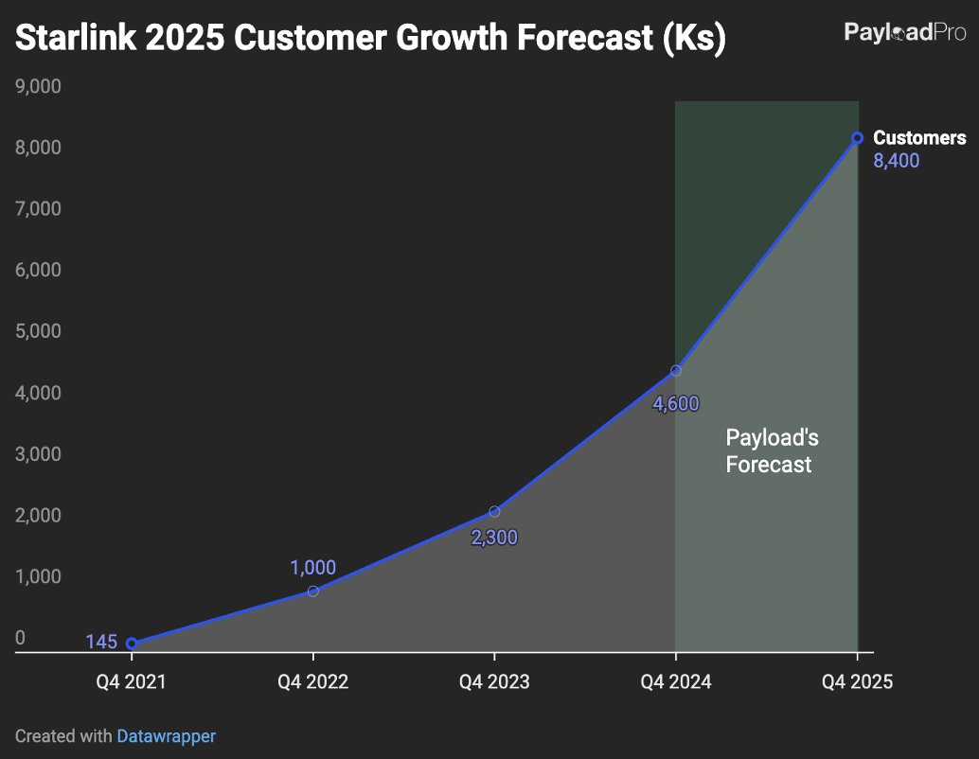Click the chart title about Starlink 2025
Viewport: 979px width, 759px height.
(x=370, y=39)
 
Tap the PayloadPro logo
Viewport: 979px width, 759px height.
(x=904, y=33)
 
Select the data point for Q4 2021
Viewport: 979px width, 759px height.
(x=132, y=644)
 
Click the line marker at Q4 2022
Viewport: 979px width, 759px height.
(x=313, y=591)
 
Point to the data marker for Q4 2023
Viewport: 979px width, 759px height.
(x=494, y=512)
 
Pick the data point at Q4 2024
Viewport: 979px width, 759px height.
(x=676, y=371)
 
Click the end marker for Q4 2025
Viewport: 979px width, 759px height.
(x=857, y=138)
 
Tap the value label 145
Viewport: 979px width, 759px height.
(x=101, y=643)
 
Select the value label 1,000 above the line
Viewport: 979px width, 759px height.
(x=312, y=568)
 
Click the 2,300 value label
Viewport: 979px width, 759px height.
(x=494, y=538)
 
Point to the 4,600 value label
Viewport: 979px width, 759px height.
(x=676, y=404)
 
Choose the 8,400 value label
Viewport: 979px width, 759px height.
(x=896, y=161)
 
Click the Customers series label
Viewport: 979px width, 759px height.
(x=918, y=138)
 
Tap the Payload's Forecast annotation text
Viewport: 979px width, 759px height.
(x=771, y=451)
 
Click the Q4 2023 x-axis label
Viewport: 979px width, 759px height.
(x=494, y=681)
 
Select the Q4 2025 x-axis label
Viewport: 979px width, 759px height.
(x=857, y=681)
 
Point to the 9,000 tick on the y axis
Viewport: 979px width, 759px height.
(x=38, y=87)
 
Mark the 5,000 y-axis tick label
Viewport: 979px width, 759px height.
(x=38, y=331)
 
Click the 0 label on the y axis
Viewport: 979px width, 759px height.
(x=20, y=638)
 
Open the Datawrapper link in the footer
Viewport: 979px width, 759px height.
(x=166, y=735)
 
